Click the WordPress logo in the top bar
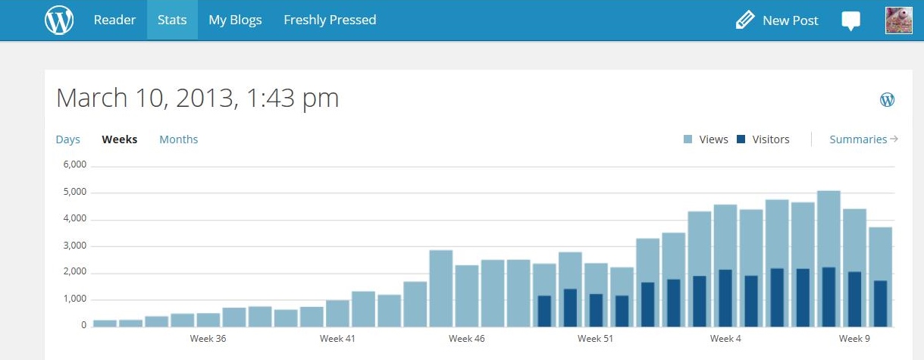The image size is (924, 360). [59, 20]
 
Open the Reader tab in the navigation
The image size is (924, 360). [114, 20]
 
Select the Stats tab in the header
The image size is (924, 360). [172, 20]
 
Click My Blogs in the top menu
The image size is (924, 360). [235, 20]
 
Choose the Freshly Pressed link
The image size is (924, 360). [330, 20]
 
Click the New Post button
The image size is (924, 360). [778, 20]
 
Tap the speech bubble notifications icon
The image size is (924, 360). [851, 20]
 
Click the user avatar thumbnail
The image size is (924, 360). [898, 20]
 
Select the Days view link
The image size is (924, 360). [68, 139]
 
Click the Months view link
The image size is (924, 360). [178, 139]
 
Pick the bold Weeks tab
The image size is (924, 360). [120, 139]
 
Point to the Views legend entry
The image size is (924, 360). [706, 139]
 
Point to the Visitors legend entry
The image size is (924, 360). [763, 139]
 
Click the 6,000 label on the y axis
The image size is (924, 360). [75, 165]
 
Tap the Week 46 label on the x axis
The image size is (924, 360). [466, 338]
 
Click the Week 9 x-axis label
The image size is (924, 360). [854, 338]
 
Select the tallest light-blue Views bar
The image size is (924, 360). [828, 227]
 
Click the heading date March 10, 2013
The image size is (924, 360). [197, 99]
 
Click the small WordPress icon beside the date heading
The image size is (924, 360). [887, 99]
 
